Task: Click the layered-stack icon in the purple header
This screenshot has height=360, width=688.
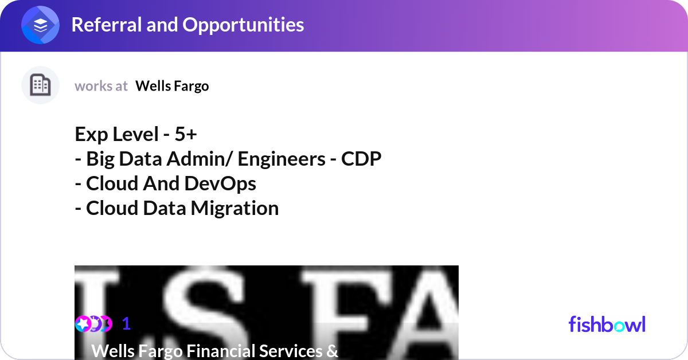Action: [40, 25]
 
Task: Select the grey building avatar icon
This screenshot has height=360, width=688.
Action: [40, 85]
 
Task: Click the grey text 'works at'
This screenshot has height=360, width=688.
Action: [101, 86]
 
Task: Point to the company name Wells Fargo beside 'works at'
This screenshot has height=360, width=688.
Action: [172, 86]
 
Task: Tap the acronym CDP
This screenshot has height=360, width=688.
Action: [361, 159]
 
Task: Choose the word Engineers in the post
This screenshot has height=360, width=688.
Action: [282, 159]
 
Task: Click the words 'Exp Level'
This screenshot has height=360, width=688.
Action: [117, 134]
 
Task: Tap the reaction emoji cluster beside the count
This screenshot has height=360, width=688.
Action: [93, 324]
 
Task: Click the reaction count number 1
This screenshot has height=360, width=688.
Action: [126, 324]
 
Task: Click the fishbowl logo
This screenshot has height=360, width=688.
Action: [607, 324]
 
